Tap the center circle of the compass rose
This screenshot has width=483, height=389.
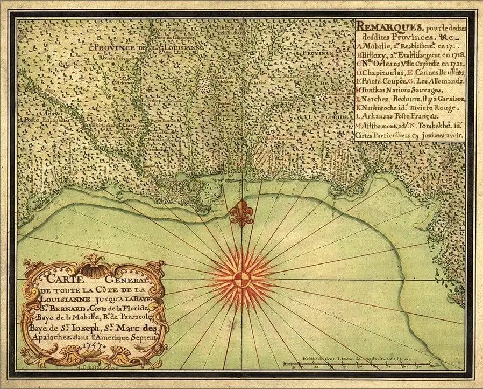pyautogui.click(x=241, y=280)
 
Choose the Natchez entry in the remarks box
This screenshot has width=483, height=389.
pyautogui.click(x=377, y=99)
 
